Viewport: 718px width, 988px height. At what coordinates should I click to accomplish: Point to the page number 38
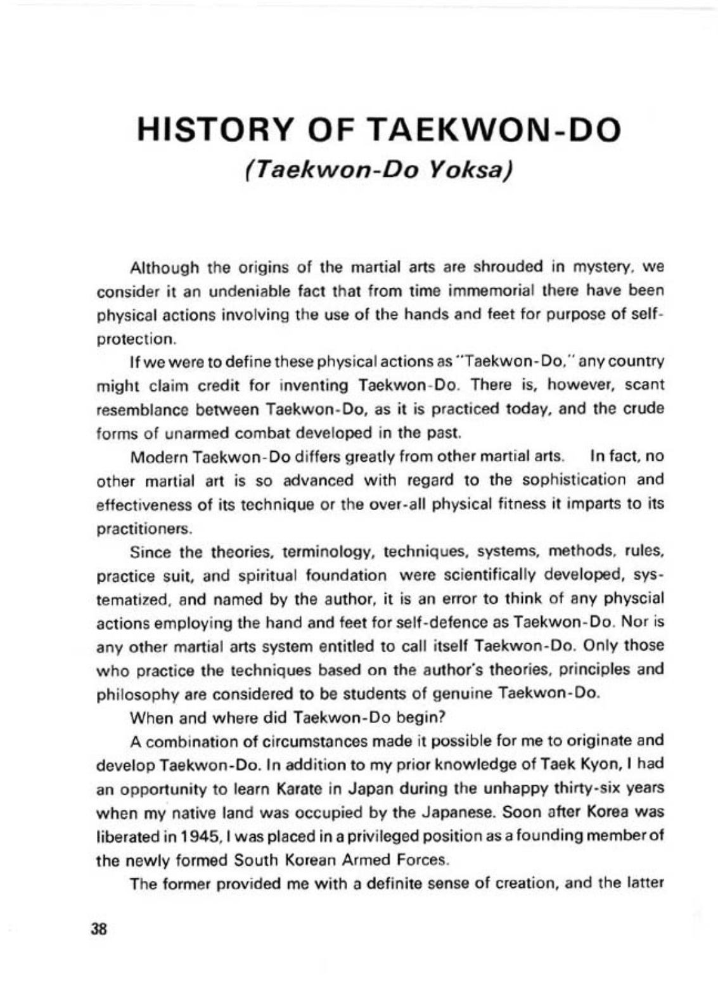point(100,930)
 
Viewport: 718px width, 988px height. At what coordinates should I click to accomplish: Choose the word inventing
point(317,385)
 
